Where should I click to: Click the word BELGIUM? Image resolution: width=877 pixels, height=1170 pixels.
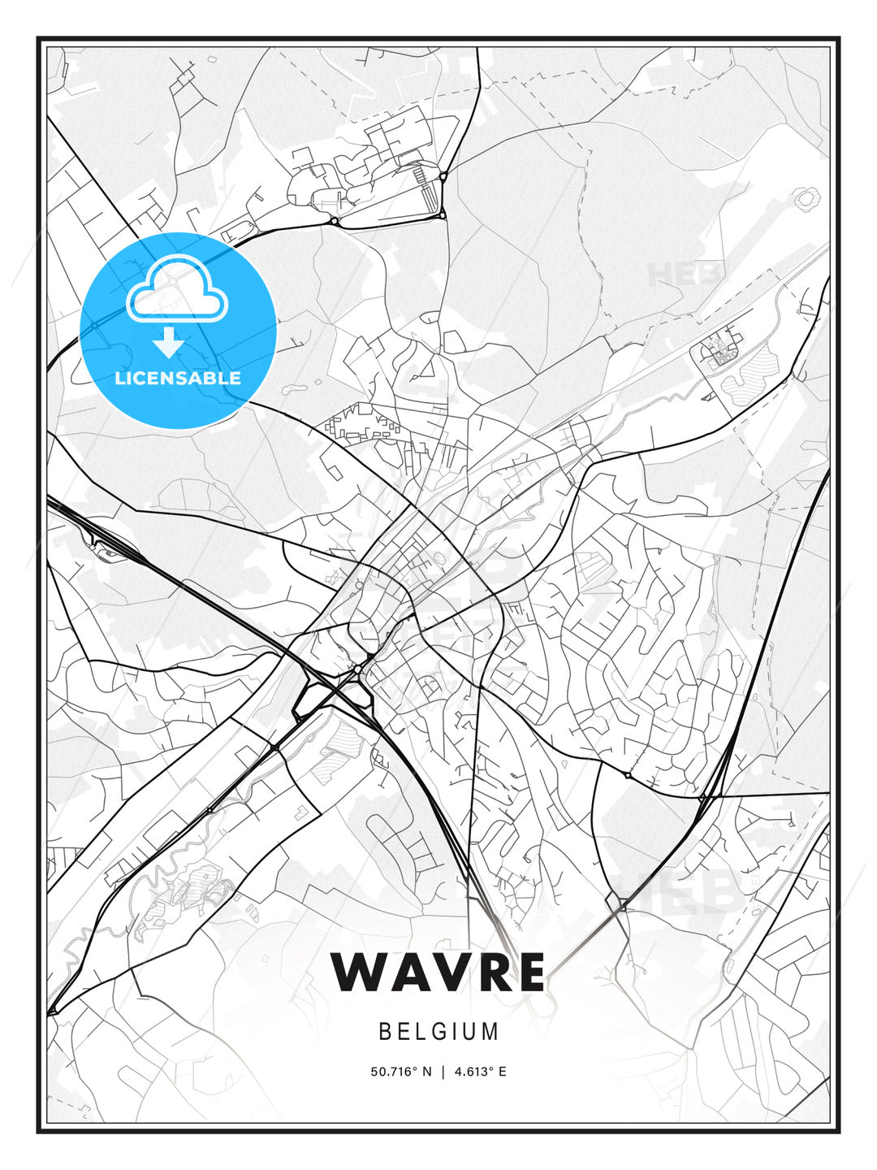[438, 1032]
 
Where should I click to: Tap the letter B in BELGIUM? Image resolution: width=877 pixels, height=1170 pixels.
[384, 1032]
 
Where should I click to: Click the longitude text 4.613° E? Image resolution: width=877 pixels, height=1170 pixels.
[480, 1072]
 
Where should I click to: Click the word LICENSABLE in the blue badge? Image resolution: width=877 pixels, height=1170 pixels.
[178, 378]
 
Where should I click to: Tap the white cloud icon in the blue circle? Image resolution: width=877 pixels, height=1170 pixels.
[176, 291]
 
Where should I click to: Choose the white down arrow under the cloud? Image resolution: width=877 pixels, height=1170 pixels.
[168, 342]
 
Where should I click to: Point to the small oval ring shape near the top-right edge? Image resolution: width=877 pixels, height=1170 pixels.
[806, 198]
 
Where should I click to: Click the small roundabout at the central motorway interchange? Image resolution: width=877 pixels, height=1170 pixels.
[357, 668]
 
